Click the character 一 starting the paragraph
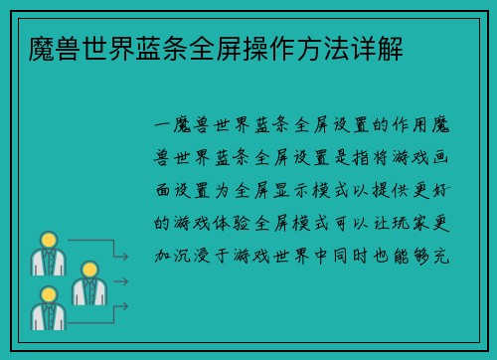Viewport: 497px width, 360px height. (165, 126)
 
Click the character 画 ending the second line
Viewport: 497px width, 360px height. (440, 158)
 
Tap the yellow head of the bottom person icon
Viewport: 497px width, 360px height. (45, 295)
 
